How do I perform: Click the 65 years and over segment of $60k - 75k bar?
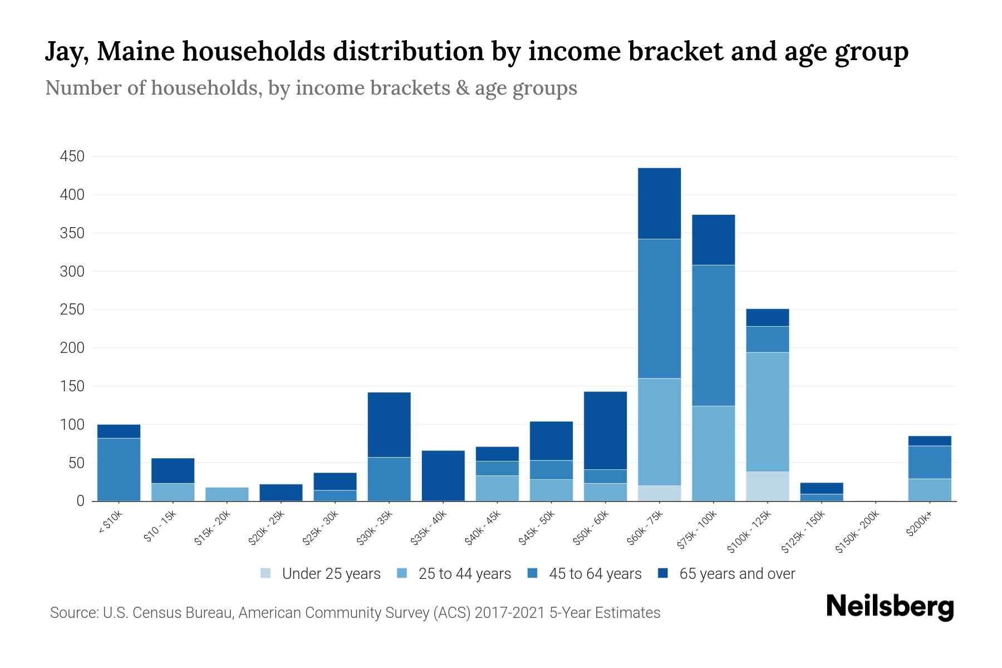pos(659,203)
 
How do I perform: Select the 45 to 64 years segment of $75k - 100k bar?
pos(713,335)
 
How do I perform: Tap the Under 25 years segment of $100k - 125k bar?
pos(767,486)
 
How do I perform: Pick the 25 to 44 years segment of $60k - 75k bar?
pos(659,432)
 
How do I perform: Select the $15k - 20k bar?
pos(227,494)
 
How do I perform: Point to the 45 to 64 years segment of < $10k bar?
pos(119,469)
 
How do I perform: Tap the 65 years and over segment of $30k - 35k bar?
pos(389,425)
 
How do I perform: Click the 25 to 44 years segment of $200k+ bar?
pos(929,490)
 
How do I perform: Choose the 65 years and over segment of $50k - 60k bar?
pos(605,430)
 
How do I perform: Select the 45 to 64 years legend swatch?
pos(533,573)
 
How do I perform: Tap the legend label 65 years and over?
pos(737,574)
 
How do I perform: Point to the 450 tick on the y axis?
pos(72,156)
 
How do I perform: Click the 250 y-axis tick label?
pos(72,310)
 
